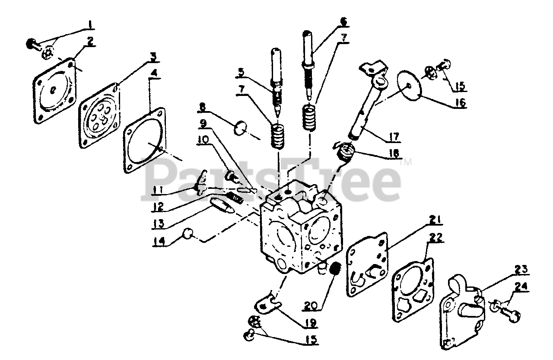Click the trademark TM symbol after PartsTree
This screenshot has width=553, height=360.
click(x=406, y=163)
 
